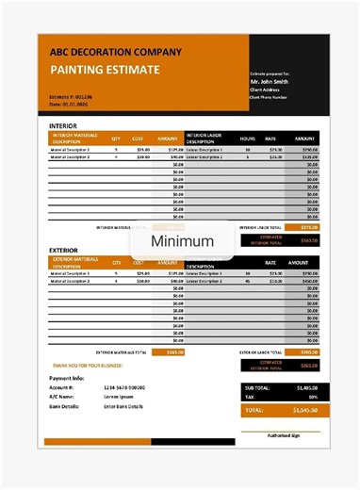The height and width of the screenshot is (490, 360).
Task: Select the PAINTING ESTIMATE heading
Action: (x=104, y=70)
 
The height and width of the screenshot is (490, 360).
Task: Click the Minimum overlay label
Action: (x=182, y=241)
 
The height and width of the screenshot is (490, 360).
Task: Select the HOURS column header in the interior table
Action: (x=247, y=139)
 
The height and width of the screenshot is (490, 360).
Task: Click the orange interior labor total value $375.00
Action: (x=309, y=227)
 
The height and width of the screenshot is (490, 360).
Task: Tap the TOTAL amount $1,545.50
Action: (x=305, y=411)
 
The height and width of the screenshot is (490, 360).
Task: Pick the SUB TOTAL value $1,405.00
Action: (x=305, y=387)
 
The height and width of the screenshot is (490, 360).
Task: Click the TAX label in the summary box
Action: (x=251, y=397)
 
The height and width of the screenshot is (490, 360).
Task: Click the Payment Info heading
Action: (x=66, y=377)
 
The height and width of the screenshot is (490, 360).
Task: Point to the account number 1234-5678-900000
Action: (x=123, y=387)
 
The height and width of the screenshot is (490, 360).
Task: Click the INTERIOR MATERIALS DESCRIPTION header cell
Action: (x=74, y=138)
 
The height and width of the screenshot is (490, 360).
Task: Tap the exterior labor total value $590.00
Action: (x=309, y=352)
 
